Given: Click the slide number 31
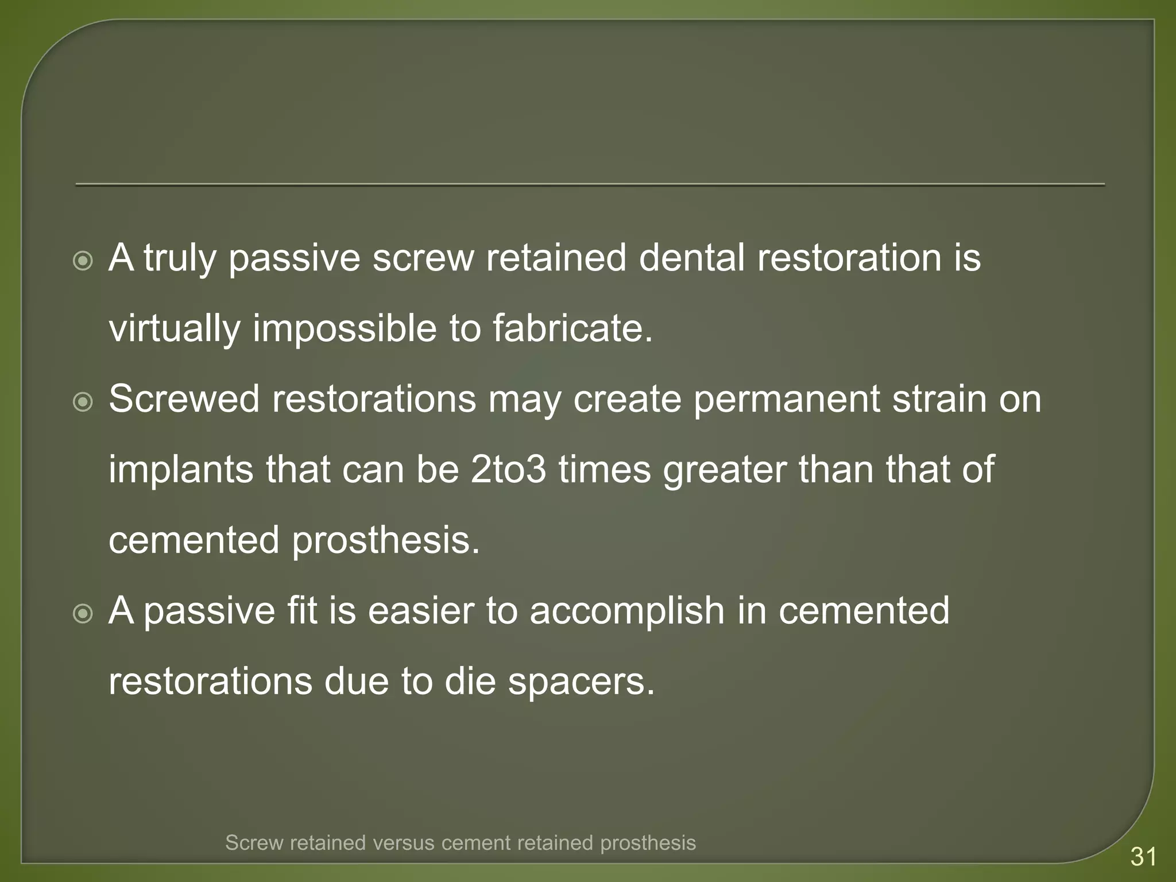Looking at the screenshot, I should (x=1143, y=857).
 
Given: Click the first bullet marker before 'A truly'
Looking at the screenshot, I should (x=84, y=262).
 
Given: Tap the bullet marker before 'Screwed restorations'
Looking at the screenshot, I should (x=84, y=403).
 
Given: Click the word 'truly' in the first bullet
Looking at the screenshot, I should (x=180, y=258).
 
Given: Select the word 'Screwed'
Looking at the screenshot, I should (x=184, y=399).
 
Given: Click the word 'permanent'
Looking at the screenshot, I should (x=786, y=400).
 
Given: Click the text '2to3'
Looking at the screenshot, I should (x=508, y=470).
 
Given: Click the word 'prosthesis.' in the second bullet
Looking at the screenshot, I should (x=385, y=541).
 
